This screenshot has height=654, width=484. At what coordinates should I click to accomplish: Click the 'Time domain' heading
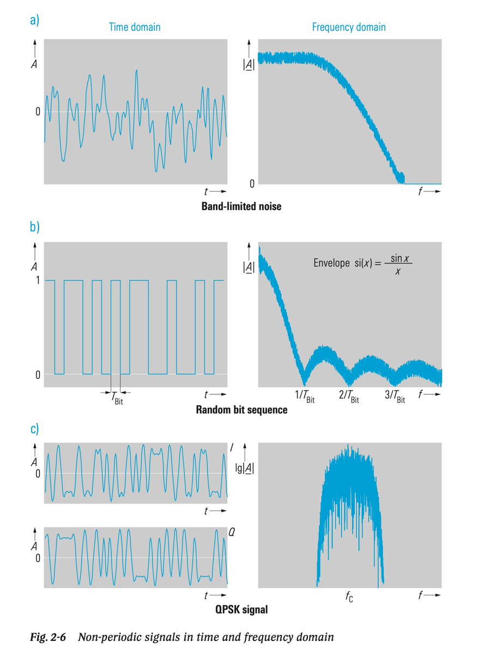pos(135,26)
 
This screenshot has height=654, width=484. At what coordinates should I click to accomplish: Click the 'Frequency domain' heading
pos(348,26)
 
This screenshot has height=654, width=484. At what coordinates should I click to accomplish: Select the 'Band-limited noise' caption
pos(241,207)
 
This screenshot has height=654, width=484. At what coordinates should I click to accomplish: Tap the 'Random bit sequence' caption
pos(241,410)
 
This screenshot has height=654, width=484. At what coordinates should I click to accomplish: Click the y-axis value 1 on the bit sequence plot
pos(37,280)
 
